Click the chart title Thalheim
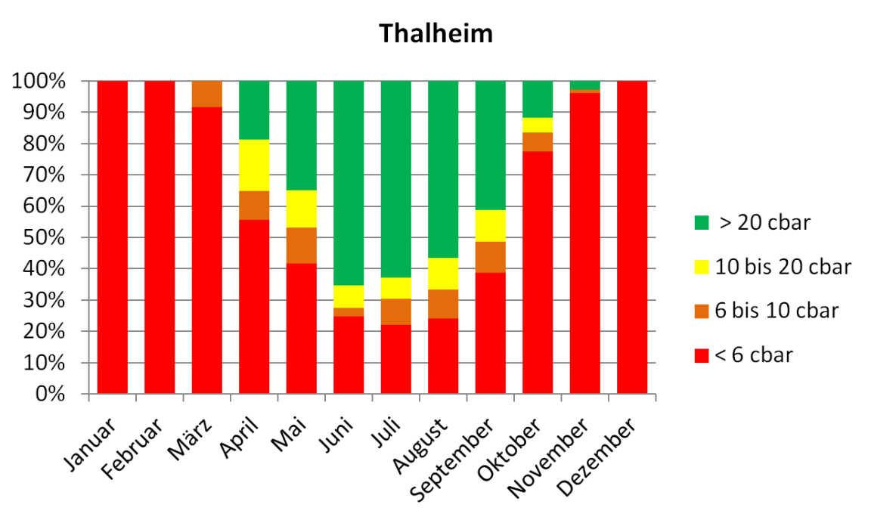(x=435, y=33)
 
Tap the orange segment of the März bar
(x=207, y=94)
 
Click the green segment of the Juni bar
(x=349, y=181)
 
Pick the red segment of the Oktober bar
(x=538, y=272)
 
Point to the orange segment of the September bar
(x=490, y=257)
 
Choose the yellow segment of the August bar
(x=443, y=274)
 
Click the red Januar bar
(x=113, y=237)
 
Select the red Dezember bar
(x=632, y=237)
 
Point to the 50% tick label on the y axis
(x=47, y=238)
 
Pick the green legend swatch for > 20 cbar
(x=701, y=223)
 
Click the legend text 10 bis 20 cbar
(x=784, y=267)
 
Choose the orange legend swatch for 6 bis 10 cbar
(x=701, y=311)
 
